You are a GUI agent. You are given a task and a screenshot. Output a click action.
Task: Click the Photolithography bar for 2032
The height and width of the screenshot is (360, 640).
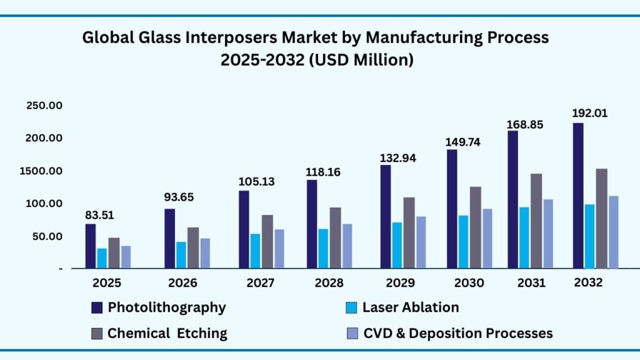click(578, 196)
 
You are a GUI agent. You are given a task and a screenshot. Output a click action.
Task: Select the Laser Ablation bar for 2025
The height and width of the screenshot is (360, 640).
click(102, 258)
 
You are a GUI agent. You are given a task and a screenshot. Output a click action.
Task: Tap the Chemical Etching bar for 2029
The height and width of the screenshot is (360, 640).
click(408, 232)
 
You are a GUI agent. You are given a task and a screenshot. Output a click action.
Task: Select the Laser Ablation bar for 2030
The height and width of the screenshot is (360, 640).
click(463, 242)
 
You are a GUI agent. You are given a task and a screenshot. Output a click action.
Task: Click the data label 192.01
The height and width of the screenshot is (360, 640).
click(589, 114)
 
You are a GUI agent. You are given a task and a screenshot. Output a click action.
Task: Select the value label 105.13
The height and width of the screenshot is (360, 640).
click(256, 181)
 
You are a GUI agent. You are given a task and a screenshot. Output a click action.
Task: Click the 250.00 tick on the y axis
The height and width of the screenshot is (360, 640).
click(44, 106)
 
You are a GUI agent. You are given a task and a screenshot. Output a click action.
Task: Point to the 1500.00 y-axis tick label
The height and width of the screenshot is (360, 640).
click(42, 171)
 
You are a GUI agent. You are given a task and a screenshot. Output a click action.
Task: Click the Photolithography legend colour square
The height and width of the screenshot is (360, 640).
click(96, 307)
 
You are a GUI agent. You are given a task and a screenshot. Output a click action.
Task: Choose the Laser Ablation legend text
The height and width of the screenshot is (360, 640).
click(411, 307)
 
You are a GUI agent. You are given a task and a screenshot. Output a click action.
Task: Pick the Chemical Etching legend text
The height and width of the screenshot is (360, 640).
click(167, 333)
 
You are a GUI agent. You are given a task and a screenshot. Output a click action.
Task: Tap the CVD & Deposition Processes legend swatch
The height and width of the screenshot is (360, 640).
click(351, 334)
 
